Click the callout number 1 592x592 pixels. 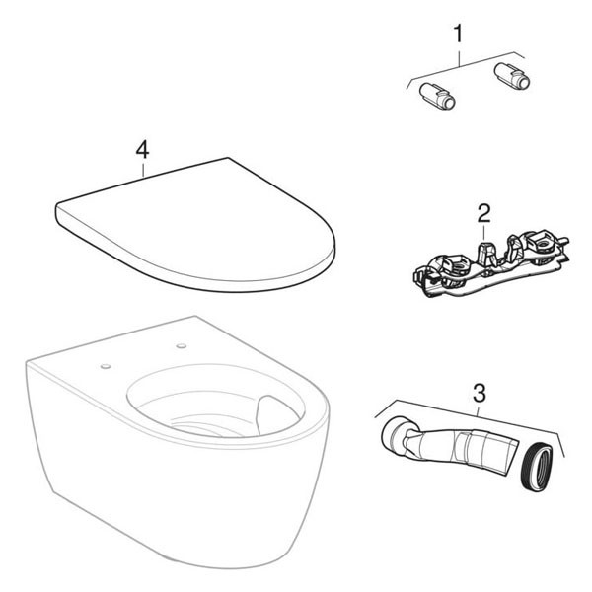[x=458, y=34]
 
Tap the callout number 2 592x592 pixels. [x=483, y=213]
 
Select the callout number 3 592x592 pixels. [x=480, y=394]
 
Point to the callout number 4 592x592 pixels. [x=142, y=151]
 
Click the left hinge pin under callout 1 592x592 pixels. [x=437, y=96]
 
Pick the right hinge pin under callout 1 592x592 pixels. [x=511, y=76]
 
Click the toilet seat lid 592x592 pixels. [x=195, y=225]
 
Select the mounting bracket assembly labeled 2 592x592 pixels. [x=490, y=265]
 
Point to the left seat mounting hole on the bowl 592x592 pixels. [x=106, y=366]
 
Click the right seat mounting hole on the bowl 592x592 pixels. [x=182, y=346]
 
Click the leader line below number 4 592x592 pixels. [x=143, y=169]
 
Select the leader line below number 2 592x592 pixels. [x=484, y=232]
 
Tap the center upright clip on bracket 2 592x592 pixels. [x=487, y=253]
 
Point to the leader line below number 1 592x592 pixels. [x=459, y=55]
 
